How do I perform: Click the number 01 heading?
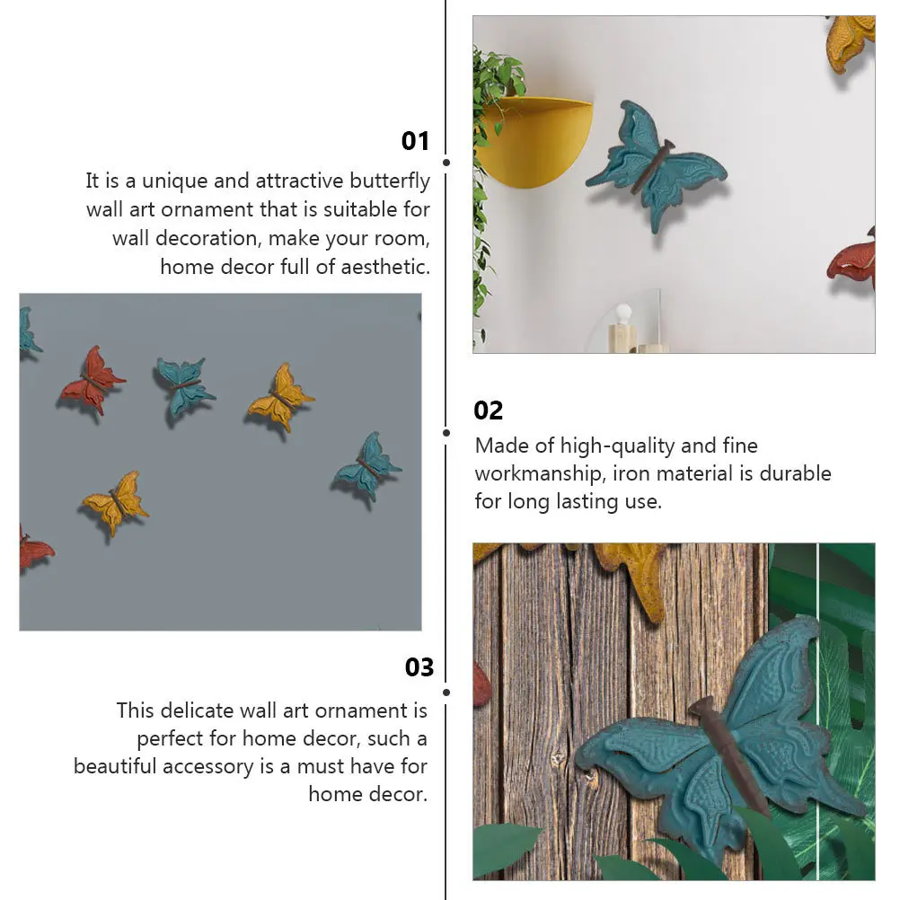tap(415, 141)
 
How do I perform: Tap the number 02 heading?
tap(489, 410)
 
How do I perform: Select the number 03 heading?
tap(419, 667)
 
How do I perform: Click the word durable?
tap(795, 473)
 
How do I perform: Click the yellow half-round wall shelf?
tap(535, 139)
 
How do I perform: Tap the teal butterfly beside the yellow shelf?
tap(656, 163)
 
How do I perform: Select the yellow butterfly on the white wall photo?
tap(850, 40)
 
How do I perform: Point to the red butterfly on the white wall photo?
tap(853, 260)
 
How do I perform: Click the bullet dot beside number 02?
tap(446, 432)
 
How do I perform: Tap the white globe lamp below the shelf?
tap(622, 315)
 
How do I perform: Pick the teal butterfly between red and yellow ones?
tap(184, 384)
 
